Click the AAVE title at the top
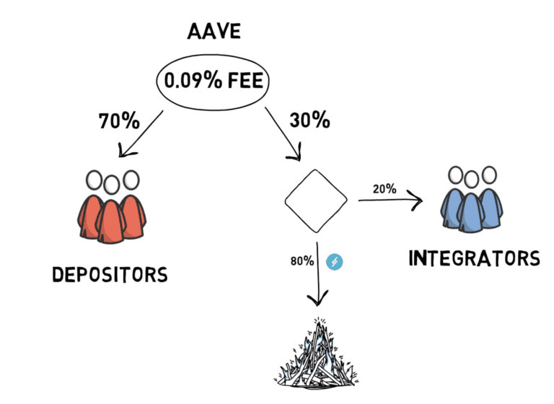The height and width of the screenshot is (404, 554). click(214, 31)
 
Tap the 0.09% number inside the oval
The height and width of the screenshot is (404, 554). click(193, 80)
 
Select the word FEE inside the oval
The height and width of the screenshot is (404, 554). click(245, 80)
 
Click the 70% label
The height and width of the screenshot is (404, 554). click(119, 121)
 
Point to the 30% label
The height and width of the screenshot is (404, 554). click(310, 120)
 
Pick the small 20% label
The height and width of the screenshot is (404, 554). click(384, 189)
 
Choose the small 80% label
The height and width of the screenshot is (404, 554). click(302, 261)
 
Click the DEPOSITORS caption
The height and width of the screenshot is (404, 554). click(110, 275)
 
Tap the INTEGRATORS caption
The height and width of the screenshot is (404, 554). click(474, 258)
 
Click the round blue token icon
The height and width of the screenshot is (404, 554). click(334, 262)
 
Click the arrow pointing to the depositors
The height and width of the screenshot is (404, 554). click(141, 133)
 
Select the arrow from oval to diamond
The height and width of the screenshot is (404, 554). click(283, 134)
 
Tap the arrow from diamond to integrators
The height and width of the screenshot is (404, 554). click(390, 200)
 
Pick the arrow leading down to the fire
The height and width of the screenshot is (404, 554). click(317, 274)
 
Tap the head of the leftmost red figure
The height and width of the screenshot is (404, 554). click(94, 180)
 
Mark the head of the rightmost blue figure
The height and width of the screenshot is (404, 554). click(489, 175)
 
